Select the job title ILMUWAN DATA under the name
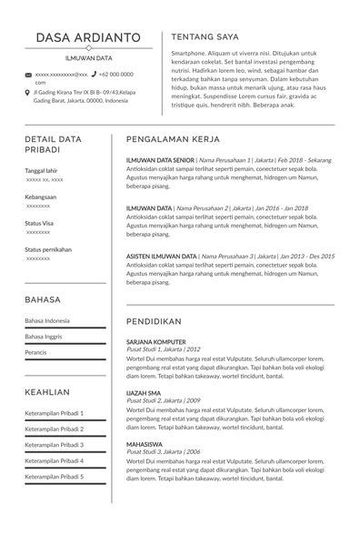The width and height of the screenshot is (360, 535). click(88, 56)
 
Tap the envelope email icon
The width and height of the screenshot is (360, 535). click(28, 75)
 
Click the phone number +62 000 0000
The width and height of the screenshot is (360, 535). click(115, 74)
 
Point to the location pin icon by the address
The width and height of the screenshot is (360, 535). click(28, 93)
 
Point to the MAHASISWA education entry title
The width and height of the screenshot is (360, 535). click(145, 443)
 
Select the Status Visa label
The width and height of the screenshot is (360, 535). click(39, 223)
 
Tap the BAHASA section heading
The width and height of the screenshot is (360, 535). click(43, 298)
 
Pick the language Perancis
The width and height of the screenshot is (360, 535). click(36, 351)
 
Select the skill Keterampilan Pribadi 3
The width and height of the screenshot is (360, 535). click(55, 445)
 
